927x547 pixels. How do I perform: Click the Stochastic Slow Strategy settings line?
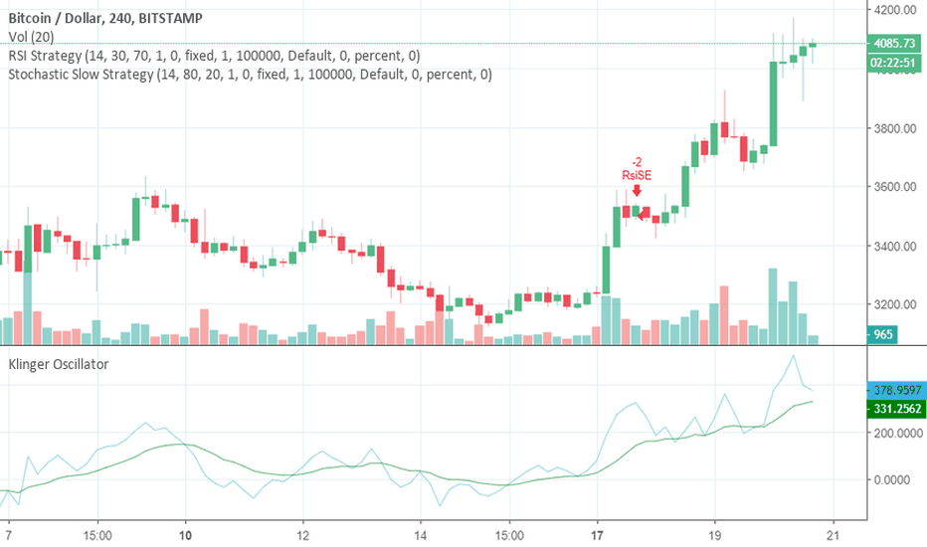coord(250,74)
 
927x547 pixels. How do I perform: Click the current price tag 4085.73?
coord(892,44)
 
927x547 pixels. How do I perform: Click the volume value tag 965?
coord(882,335)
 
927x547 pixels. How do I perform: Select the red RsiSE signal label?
coord(637,175)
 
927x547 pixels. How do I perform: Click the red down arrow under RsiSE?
coord(637,189)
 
